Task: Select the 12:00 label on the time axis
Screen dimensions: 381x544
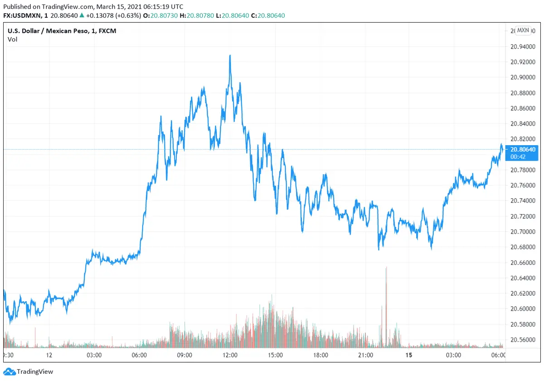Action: click(230, 355)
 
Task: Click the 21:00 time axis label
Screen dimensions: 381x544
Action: click(365, 355)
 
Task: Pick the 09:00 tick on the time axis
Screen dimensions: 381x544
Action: click(185, 355)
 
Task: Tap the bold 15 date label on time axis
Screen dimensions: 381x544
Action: click(408, 355)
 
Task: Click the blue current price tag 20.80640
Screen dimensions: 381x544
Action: click(523, 149)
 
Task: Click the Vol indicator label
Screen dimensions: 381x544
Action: click(12, 39)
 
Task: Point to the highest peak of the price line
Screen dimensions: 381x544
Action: click(230, 55)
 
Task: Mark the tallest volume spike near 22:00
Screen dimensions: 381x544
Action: click(386, 268)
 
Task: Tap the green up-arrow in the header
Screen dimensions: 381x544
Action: click(82, 15)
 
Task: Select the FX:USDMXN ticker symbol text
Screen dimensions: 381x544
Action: click(23, 15)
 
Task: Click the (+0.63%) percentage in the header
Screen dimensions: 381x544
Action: click(129, 15)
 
